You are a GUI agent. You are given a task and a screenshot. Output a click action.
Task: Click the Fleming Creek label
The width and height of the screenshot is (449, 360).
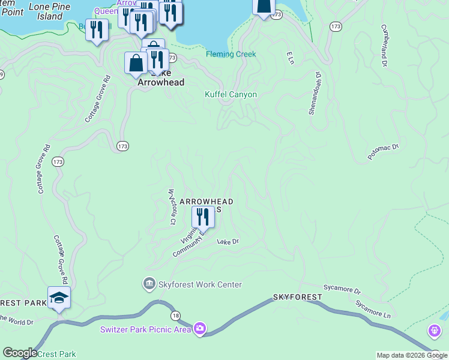pyautogui.click(x=231, y=54)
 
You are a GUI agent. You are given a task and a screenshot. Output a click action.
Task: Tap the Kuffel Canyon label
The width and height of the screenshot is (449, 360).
pyautogui.click(x=231, y=94)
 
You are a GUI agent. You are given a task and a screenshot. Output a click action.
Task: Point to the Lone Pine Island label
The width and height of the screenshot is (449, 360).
pyautogui.click(x=45, y=11)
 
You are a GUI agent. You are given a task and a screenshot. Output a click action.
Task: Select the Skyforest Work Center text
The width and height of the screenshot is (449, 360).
pyautogui.click(x=200, y=284)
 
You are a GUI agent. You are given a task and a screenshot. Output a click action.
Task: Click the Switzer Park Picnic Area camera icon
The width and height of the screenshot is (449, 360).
pyautogui.click(x=200, y=328)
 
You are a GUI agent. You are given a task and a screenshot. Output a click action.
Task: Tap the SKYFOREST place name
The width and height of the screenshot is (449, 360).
pyautogui.click(x=298, y=297)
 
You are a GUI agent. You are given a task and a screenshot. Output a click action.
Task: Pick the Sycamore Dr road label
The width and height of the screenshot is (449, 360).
pyautogui.click(x=342, y=290)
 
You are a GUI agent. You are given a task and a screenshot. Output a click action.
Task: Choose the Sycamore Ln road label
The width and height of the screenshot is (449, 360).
pyautogui.click(x=372, y=310)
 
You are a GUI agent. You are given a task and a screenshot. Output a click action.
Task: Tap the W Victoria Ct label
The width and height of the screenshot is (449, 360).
pyautogui.click(x=172, y=206)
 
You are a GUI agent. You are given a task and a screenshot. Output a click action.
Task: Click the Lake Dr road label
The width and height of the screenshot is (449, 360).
pyautogui.click(x=228, y=241)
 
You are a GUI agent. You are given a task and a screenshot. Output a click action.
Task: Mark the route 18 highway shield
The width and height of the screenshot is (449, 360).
pyautogui.click(x=175, y=316)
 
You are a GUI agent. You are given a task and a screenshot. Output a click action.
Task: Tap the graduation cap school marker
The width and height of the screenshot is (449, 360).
pyautogui.click(x=59, y=298)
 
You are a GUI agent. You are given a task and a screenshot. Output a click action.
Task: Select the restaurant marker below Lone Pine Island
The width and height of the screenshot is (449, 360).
pyautogui.click(x=97, y=30)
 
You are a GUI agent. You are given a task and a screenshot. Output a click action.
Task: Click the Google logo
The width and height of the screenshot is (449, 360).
pyautogui.click(x=19, y=353)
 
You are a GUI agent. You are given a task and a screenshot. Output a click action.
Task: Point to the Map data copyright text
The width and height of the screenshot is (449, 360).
pyautogui.click(x=412, y=355)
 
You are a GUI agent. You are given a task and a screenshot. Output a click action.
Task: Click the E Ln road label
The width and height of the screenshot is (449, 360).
pyautogui.click(x=290, y=58)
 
